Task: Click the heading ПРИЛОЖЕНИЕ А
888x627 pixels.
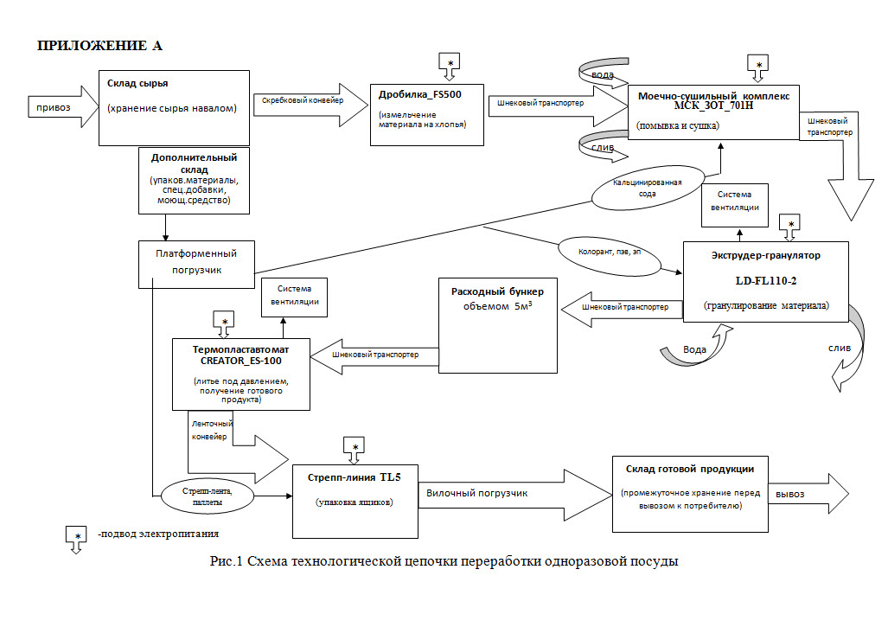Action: (99, 46)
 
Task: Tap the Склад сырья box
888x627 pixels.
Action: (171, 107)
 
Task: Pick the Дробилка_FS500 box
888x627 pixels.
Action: (425, 112)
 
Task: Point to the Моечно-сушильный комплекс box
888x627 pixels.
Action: (713, 112)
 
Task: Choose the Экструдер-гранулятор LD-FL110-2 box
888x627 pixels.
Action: (765, 281)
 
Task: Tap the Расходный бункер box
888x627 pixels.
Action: (497, 325)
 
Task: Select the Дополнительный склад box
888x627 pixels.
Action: (195, 180)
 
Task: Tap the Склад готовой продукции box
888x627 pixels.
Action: (689, 493)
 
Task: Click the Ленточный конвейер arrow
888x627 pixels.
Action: (238, 441)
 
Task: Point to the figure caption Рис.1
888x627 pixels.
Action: (444, 561)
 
